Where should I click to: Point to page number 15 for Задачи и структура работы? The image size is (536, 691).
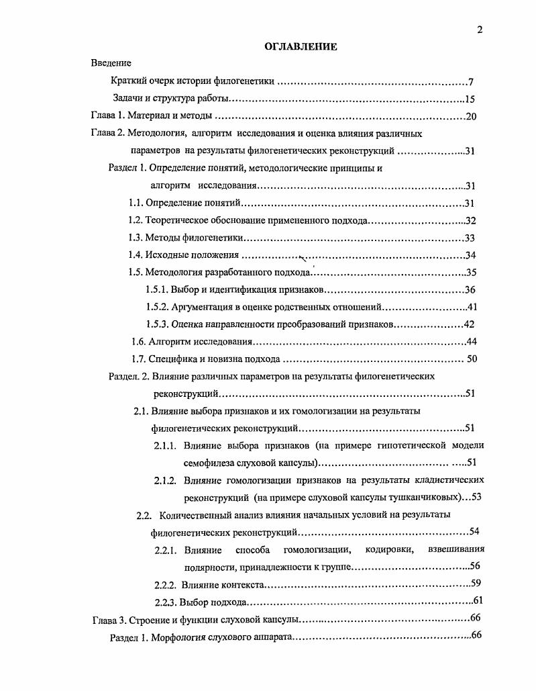(x=470, y=99)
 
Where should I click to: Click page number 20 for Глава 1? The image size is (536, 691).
(x=470, y=117)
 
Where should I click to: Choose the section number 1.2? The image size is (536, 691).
(x=136, y=221)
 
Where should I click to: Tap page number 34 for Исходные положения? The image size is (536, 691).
(x=470, y=255)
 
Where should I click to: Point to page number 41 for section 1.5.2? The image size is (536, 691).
(x=470, y=308)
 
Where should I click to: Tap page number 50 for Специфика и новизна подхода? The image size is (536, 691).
(x=472, y=359)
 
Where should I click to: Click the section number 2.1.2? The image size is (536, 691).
(x=165, y=481)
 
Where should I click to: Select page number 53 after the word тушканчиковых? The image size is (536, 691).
(x=477, y=498)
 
